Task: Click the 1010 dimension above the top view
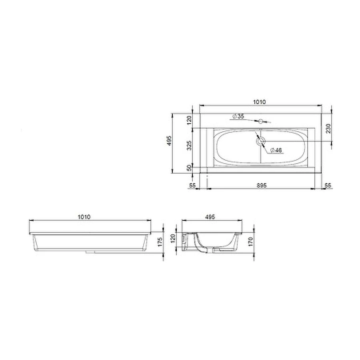pyautogui.click(x=259, y=102)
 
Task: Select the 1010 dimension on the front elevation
pyautogui.click(x=84, y=217)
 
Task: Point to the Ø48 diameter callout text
pyautogui.click(x=276, y=150)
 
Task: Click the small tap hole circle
pyautogui.click(x=261, y=121)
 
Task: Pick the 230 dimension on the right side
pyautogui.click(x=328, y=128)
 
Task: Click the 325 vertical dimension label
pyautogui.click(x=190, y=146)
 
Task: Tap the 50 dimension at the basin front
pyautogui.click(x=190, y=168)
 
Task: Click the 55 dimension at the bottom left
pyautogui.click(x=192, y=185)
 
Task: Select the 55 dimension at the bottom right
pyautogui.click(x=328, y=185)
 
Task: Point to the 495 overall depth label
pyautogui.click(x=169, y=144)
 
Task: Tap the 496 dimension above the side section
pyautogui.click(x=211, y=217)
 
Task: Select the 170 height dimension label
pyautogui.click(x=251, y=241)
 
